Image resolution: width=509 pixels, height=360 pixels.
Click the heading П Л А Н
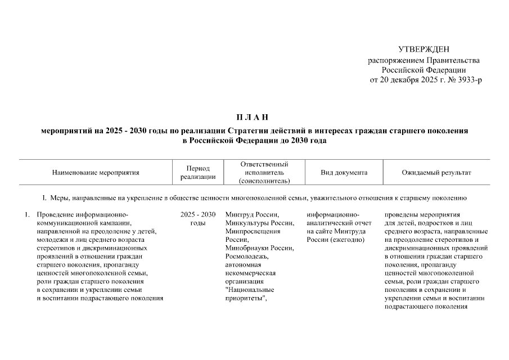[254, 117]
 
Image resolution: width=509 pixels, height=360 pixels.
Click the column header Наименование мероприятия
[96, 173]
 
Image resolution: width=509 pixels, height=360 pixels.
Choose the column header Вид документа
[344, 173]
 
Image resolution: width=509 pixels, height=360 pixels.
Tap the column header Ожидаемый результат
[436, 173]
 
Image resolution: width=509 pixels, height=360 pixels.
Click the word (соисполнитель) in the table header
[264, 181]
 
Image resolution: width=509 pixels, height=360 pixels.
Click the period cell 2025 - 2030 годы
[198, 219]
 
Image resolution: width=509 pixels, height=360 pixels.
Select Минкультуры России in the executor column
[259, 223]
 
